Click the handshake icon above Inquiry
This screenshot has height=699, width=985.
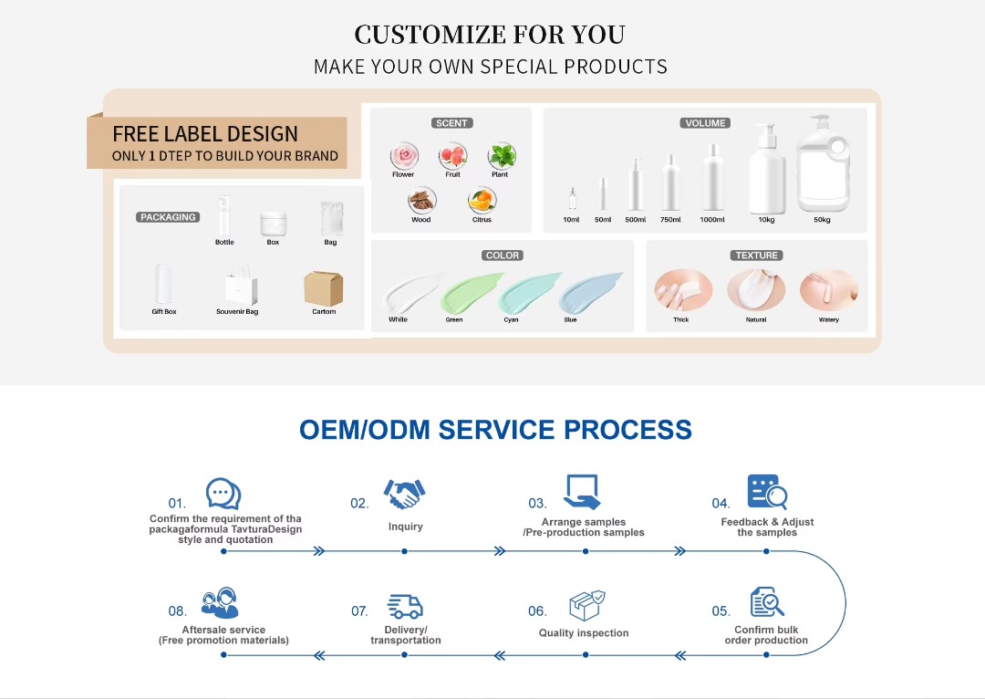tap(404, 494)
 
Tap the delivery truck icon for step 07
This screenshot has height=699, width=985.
tap(405, 607)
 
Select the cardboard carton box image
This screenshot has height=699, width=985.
tap(323, 288)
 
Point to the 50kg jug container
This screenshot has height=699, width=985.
tap(823, 164)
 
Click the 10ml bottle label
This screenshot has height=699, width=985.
tap(571, 220)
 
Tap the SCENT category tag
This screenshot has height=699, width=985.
tap(451, 123)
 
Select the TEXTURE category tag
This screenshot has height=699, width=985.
tap(757, 256)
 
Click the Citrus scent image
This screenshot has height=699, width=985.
tap(482, 201)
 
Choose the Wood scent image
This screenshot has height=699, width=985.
tap(421, 201)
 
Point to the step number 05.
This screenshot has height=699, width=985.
tap(721, 611)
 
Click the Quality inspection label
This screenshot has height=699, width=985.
tap(584, 633)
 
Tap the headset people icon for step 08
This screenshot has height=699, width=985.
tap(221, 603)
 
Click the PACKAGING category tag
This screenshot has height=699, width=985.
tap(169, 217)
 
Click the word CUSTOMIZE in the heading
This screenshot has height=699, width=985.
tap(428, 35)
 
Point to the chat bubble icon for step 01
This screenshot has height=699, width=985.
tap(223, 494)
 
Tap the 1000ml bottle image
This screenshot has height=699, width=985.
tap(712, 178)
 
